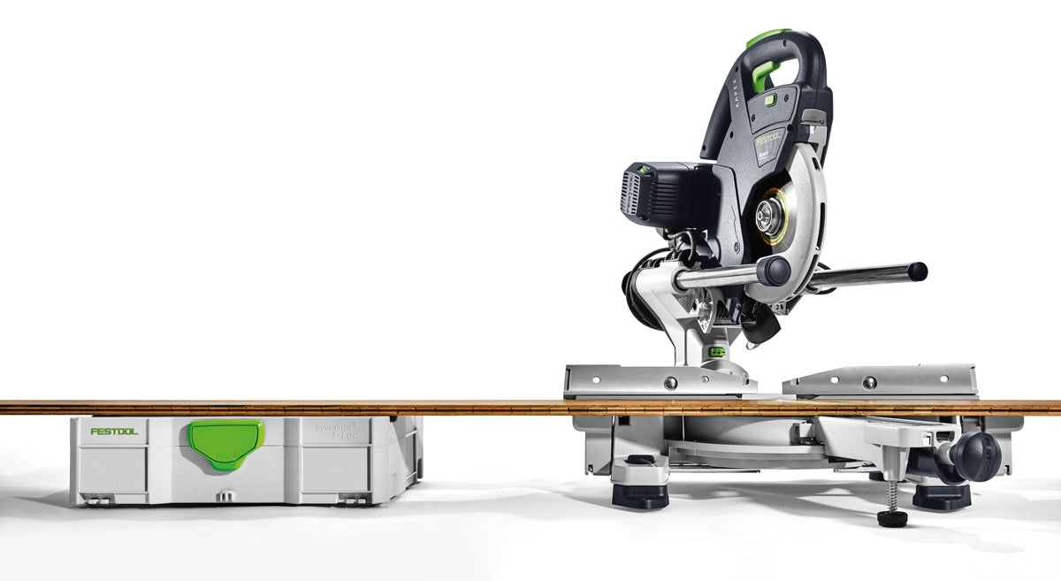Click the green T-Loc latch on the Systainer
(225, 442)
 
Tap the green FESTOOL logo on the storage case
(114, 432)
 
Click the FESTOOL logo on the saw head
(768, 138)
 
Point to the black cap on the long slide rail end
(918, 271)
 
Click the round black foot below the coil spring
(892, 518)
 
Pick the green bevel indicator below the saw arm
(717, 351)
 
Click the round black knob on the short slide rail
(773, 271)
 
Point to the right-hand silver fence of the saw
(880, 380)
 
